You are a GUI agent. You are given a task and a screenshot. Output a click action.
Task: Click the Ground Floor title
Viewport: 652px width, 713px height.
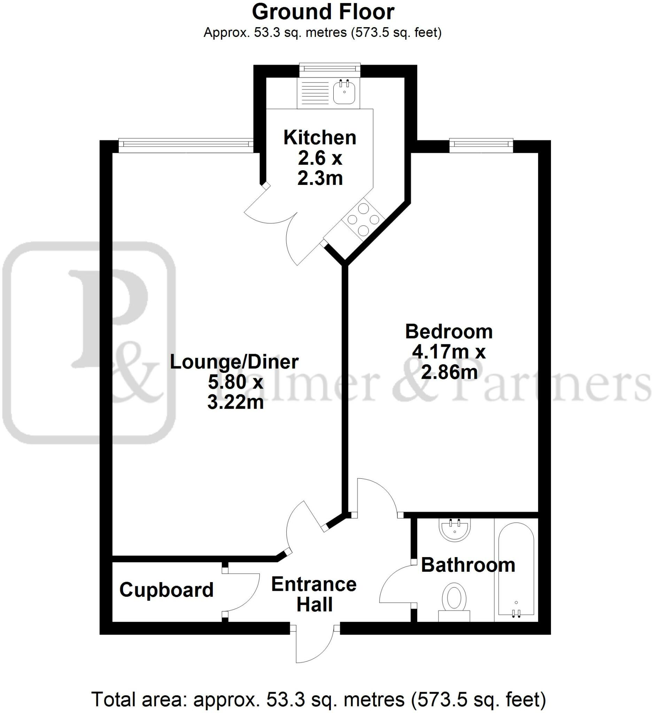pos(323,12)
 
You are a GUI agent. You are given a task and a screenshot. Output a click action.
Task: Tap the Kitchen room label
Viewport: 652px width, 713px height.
pos(319,138)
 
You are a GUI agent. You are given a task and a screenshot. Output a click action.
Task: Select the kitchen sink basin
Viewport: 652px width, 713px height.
pos(344,92)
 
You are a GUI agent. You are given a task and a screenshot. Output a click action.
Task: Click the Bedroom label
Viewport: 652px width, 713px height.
pos(449,332)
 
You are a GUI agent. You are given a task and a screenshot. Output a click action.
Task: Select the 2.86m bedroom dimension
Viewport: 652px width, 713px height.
pos(449,372)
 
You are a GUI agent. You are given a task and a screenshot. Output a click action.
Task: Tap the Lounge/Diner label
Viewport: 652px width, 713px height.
pos(234,362)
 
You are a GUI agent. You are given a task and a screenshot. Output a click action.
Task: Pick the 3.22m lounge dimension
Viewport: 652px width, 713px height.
pos(235,402)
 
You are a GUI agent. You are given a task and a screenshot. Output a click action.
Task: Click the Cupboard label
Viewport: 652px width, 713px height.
pos(166,589)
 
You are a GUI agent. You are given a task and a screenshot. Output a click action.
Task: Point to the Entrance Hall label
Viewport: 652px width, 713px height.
pos(314,594)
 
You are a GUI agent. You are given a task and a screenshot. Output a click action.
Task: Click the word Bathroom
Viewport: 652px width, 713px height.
pos(468,565)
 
